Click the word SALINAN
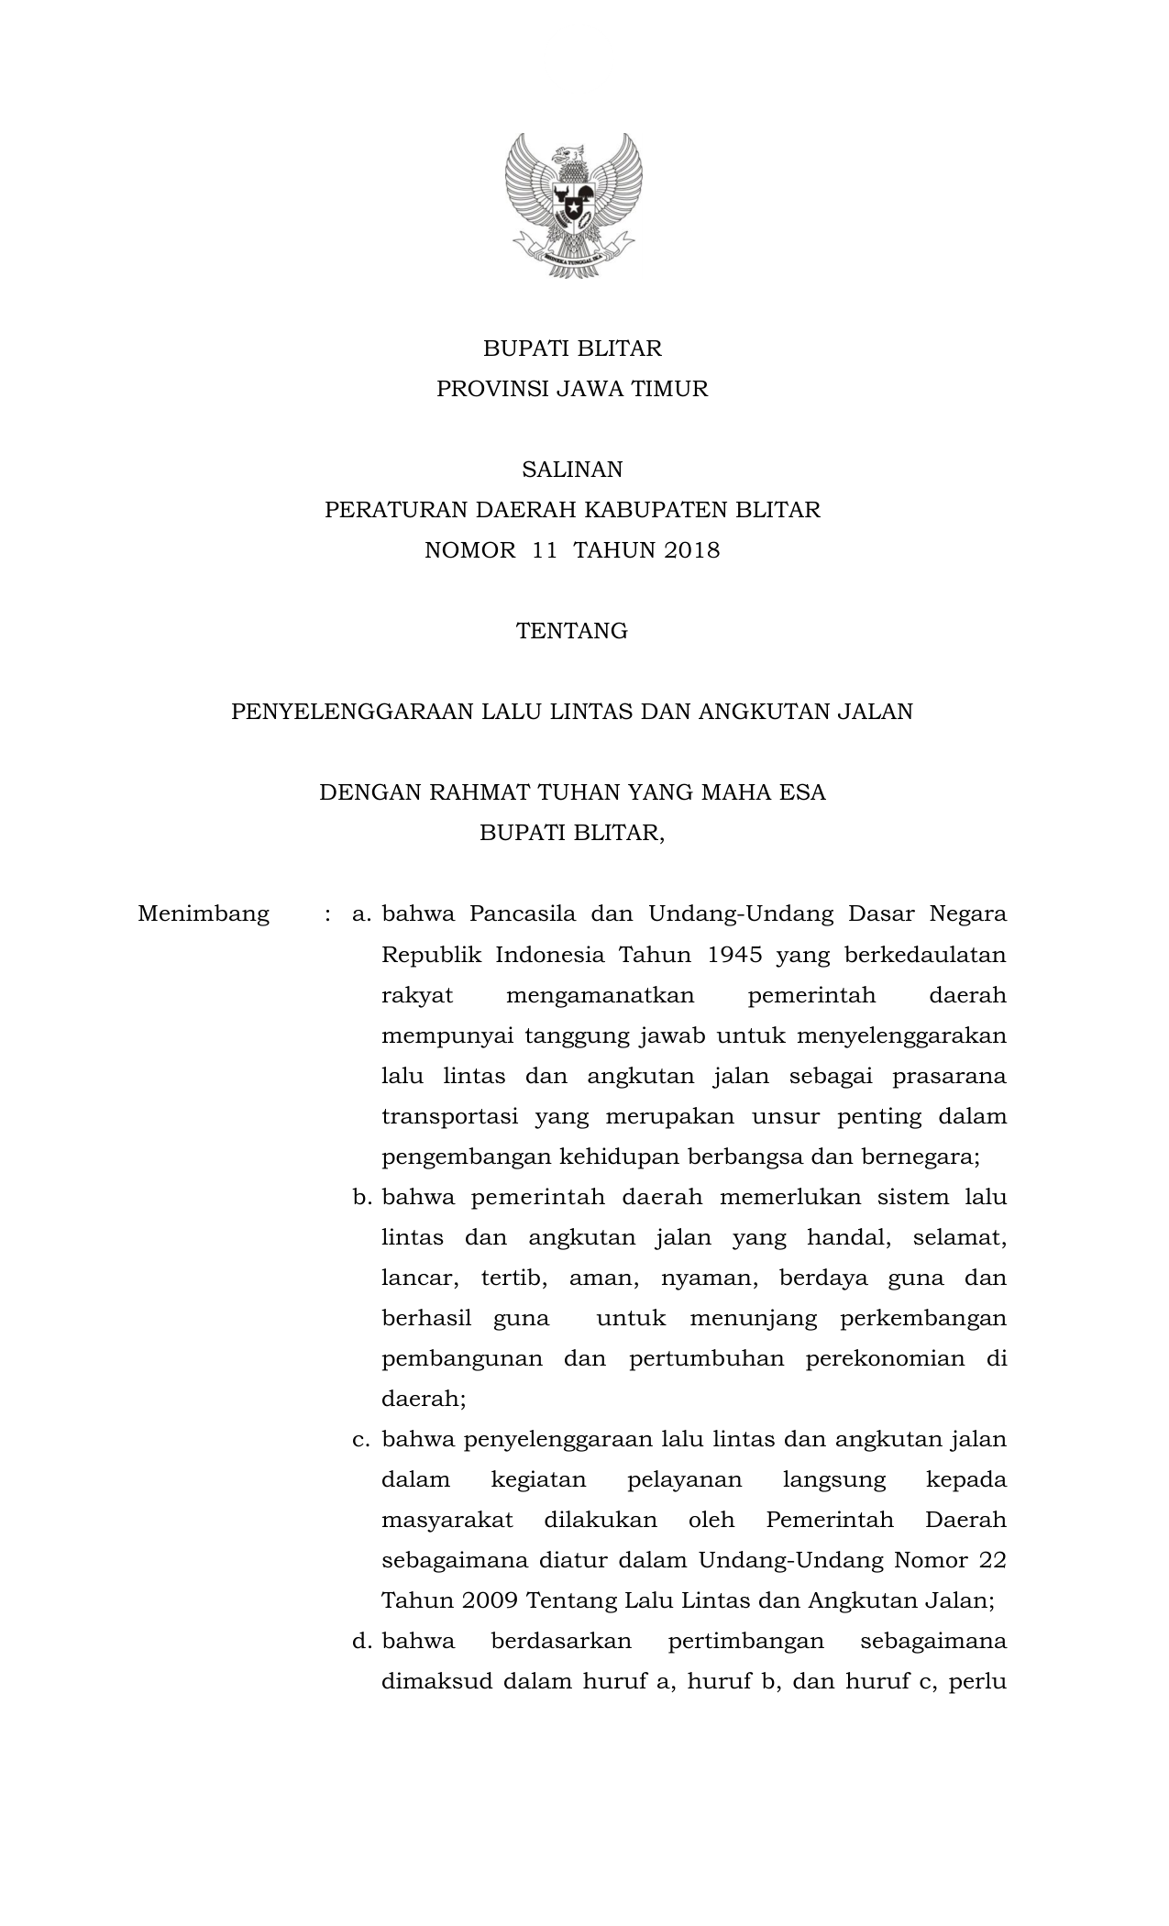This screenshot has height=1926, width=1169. coord(572,470)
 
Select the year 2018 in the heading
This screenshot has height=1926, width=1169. coord(692,550)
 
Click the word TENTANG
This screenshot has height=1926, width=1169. coord(572,631)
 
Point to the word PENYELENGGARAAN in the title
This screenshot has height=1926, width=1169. coord(353,712)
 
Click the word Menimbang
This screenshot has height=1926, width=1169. coord(204,913)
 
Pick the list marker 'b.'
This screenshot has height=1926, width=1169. coord(361,1197)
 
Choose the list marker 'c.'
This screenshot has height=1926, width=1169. coord(361,1439)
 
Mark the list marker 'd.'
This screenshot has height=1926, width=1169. coord(361,1641)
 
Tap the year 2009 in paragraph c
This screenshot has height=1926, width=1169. coord(491,1600)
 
